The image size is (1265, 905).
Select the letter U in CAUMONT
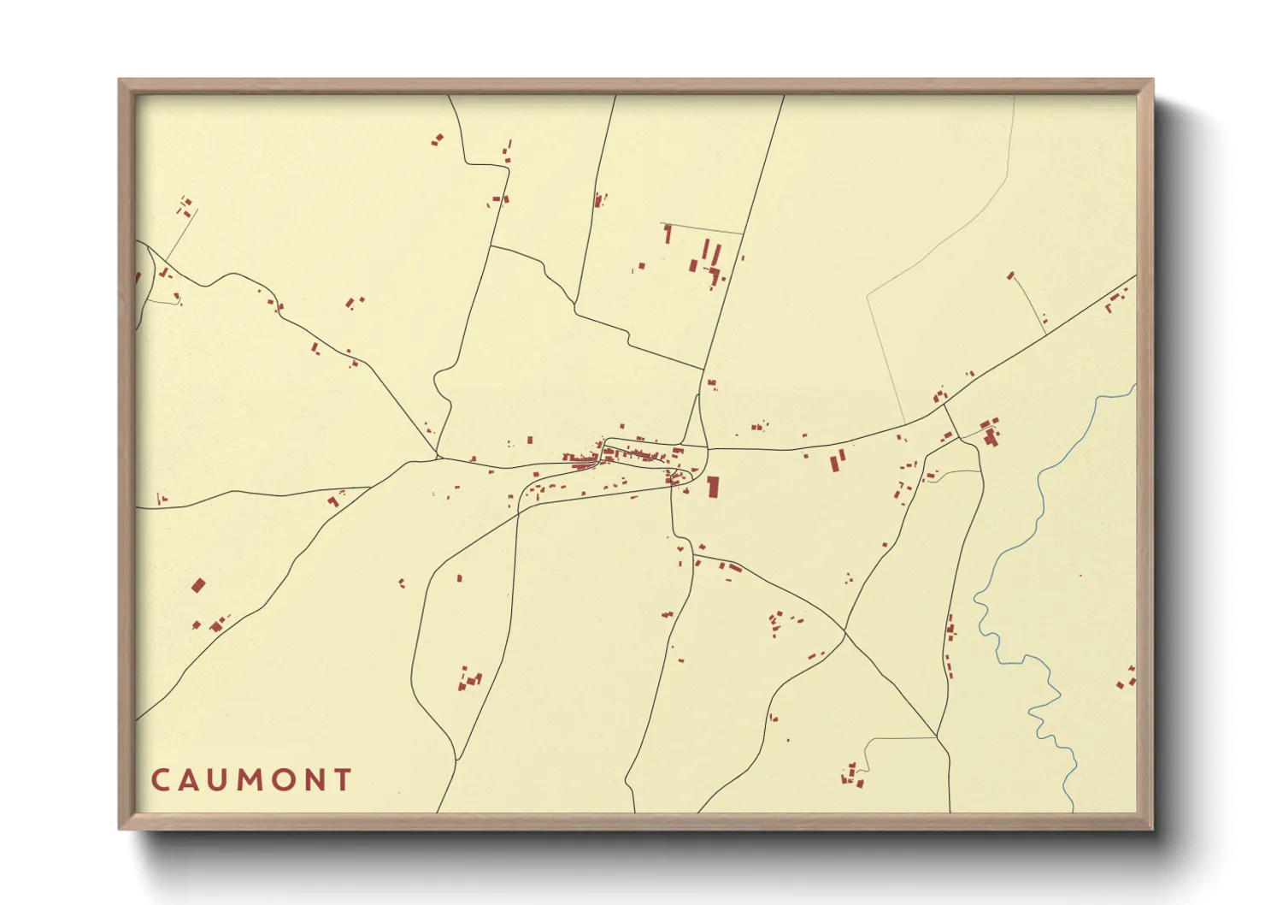[x=220, y=780]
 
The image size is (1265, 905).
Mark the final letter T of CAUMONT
[x=343, y=780]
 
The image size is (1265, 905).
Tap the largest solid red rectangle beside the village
[x=712, y=487]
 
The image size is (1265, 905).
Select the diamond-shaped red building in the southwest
[x=198, y=585]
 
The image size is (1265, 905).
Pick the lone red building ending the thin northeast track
[x=1011, y=275]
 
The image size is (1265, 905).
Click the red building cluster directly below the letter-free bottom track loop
[x=852, y=776]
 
